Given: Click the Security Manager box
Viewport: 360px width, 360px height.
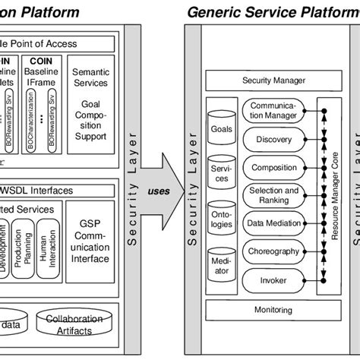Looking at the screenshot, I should tap(273, 80).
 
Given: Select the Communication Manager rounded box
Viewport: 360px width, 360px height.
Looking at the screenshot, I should tap(273, 112).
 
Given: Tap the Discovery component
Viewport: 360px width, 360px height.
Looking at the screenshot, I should tap(273, 140).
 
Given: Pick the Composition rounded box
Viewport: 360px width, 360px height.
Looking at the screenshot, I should tap(273, 167).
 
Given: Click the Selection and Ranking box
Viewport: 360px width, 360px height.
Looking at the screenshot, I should tap(273, 195).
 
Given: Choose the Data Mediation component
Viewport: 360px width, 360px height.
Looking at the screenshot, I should tap(273, 223).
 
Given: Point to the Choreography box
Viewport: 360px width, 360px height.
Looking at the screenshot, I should tap(273, 251).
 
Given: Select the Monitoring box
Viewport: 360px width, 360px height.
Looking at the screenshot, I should tap(273, 311).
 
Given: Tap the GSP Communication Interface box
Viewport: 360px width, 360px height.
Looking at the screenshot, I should tap(90, 239).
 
